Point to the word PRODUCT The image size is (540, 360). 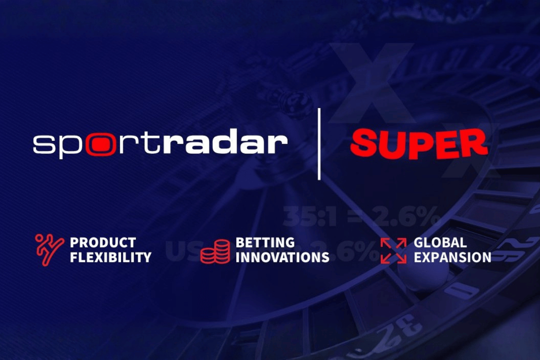point(103,243)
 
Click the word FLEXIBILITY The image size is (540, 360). point(110,257)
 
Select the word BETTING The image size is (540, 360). point(265,243)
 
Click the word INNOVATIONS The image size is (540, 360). point(282,257)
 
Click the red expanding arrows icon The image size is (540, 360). point(393,250)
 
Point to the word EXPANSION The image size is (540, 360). point(452,257)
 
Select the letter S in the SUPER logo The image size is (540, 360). point(363,142)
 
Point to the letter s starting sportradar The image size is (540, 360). point(42,145)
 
